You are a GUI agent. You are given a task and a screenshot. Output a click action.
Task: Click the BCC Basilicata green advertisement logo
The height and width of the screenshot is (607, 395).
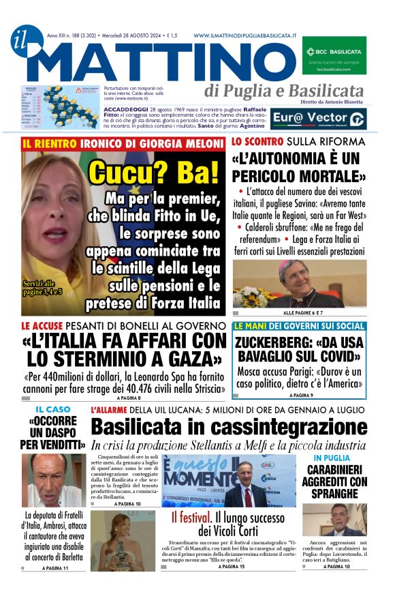tap(334, 55)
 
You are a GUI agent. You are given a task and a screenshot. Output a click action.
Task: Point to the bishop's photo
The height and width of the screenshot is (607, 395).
tap(299, 284)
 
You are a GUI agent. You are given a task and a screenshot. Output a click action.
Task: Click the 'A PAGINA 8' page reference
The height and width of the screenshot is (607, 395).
tap(129, 397)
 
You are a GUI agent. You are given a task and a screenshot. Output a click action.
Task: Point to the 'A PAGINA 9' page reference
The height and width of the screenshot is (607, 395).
tap(301, 395)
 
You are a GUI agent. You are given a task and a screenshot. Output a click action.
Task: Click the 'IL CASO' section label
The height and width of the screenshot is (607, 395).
tap(52, 409)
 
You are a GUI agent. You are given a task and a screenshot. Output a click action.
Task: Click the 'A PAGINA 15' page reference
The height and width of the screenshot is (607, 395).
tap(232, 566)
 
